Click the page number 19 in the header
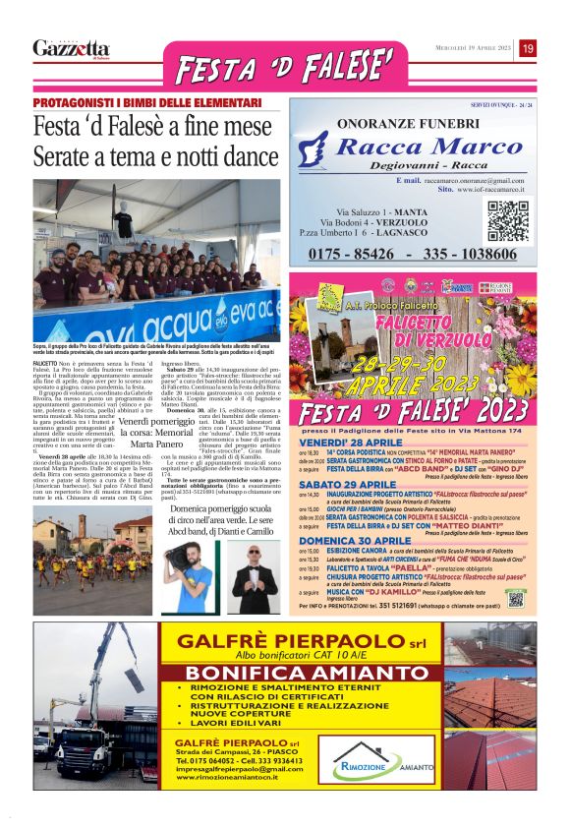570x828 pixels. [x=529, y=49]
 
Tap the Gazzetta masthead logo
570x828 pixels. [x=71, y=48]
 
